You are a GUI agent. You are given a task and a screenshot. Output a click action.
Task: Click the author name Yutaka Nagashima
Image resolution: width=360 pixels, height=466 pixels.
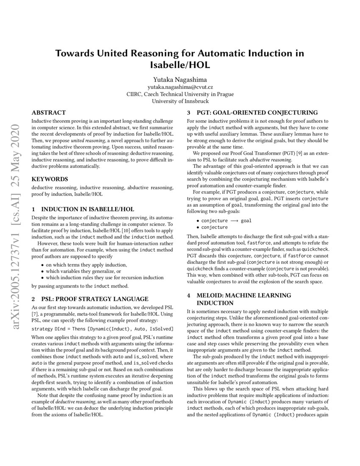tap(180, 79)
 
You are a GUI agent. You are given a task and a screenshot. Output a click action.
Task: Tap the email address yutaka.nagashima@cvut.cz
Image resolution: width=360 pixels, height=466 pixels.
tap(180, 87)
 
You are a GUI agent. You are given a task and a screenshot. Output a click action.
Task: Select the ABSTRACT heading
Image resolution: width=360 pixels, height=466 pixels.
tap(49, 113)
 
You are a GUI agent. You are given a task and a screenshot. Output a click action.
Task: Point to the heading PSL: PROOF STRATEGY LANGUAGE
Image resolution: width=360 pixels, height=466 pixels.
tap(95, 299)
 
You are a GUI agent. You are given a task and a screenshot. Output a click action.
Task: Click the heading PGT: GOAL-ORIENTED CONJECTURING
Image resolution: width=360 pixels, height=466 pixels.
tap(257, 113)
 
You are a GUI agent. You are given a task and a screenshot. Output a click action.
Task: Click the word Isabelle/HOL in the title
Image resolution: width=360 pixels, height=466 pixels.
tap(180, 65)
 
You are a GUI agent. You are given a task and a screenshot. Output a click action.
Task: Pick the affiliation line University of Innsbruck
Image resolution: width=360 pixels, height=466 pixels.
tap(180, 101)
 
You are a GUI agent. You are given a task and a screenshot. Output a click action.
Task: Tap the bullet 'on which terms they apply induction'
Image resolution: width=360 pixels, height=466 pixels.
tap(86, 264)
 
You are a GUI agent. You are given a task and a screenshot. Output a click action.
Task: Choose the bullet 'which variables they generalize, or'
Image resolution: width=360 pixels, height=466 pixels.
tap(84, 271)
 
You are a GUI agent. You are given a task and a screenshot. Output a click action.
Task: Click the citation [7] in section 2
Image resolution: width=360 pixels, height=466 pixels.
tap(35, 314)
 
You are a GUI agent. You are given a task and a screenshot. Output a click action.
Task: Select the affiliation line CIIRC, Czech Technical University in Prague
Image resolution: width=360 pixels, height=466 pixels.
tap(180, 94)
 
